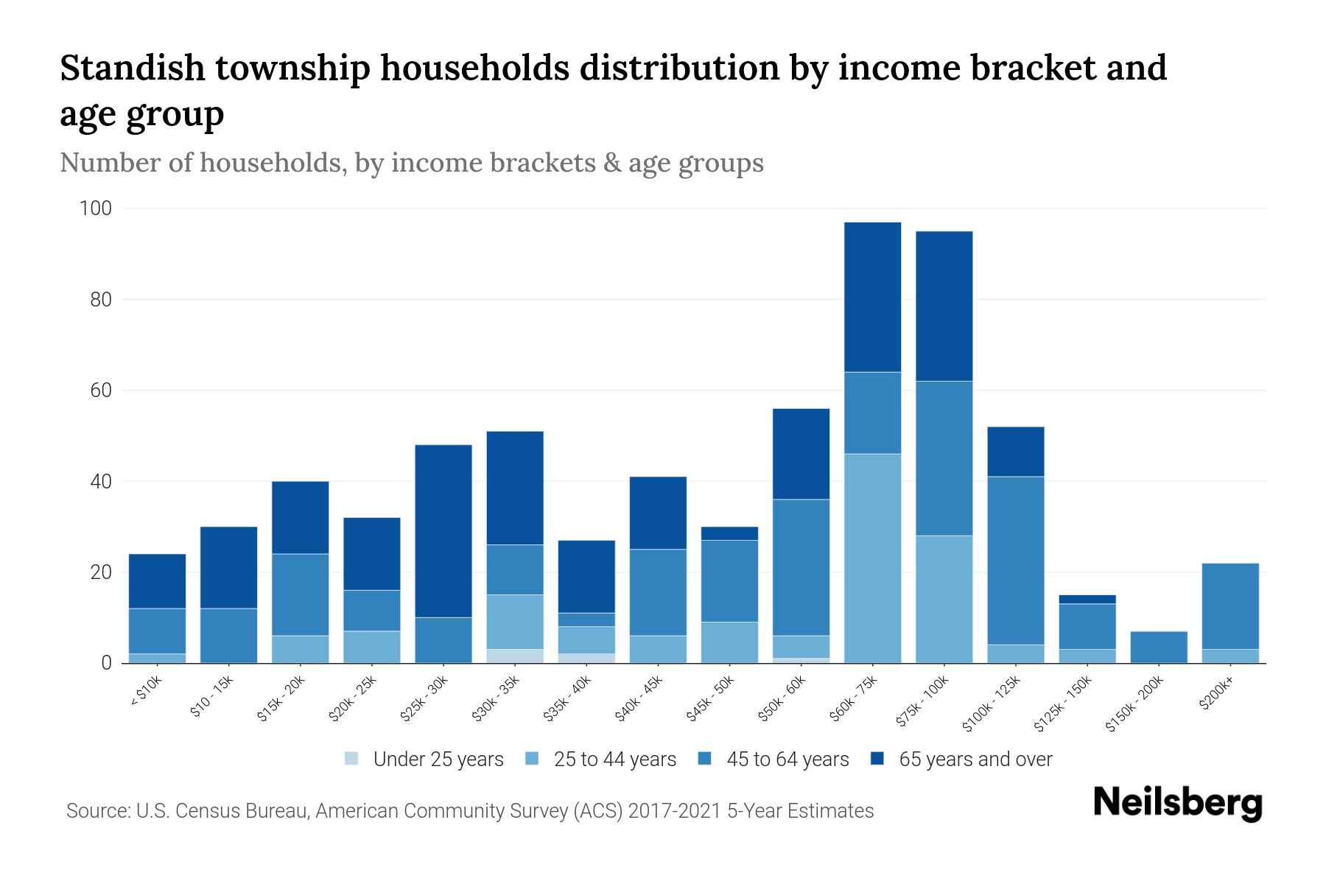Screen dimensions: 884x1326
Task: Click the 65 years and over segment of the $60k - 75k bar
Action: tap(872, 297)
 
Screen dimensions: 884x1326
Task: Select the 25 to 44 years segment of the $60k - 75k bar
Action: tap(872, 558)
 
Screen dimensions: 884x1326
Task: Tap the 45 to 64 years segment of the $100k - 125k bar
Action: tap(1016, 560)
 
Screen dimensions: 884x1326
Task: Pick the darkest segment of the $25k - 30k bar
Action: tap(443, 530)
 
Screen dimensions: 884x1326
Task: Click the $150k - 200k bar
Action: tap(1159, 647)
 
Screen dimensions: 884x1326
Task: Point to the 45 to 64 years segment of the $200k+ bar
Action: tap(1230, 606)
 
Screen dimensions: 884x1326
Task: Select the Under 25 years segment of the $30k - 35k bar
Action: tap(515, 656)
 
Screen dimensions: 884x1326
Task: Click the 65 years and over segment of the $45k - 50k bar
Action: tap(729, 533)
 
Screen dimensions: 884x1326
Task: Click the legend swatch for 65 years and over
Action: tap(877, 759)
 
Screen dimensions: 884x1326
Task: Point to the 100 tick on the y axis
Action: tap(96, 208)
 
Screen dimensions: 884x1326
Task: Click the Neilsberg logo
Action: tap(1177, 803)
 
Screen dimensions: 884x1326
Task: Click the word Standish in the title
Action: tap(131, 68)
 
